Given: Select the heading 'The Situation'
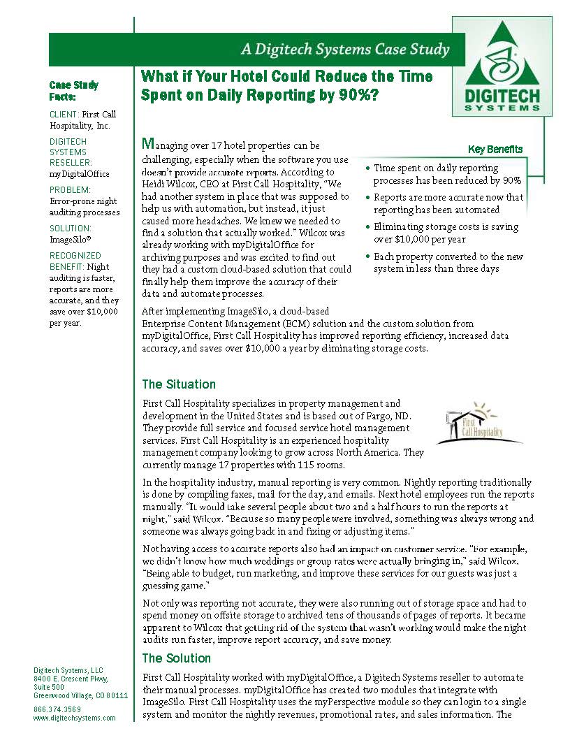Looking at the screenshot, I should pos(179,384).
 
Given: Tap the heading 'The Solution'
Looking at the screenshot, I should pos(176,658).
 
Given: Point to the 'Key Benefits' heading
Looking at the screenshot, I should pos(495,150).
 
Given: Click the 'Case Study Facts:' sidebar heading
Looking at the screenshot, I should pos(73,91).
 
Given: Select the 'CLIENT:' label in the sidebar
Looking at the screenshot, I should pos(64,114).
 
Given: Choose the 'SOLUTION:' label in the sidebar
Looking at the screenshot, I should pos(70,229).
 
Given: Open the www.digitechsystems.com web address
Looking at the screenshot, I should pos(74,718).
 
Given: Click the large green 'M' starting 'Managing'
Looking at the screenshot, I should pos(147,145).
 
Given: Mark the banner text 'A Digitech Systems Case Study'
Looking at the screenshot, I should pos(344,50).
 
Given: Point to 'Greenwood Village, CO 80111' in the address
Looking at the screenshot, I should pos(80,695).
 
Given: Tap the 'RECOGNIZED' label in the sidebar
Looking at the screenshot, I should pos(75,256).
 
